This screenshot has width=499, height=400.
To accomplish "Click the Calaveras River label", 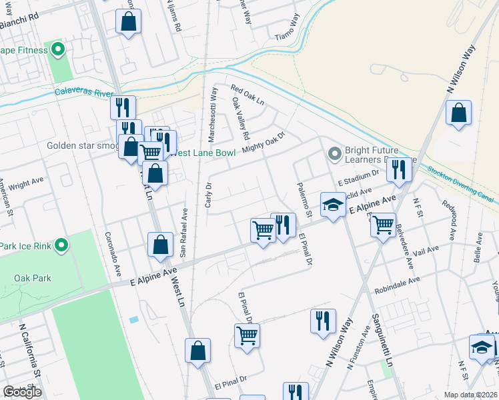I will [x=83, y=91].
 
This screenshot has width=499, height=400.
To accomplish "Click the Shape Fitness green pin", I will [x=58, y=49].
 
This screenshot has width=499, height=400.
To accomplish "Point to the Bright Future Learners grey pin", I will [x=334, y=154].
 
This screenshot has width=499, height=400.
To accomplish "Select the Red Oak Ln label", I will [x=247, y=96].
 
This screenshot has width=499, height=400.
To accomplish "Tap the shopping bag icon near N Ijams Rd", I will [x=129, y=21].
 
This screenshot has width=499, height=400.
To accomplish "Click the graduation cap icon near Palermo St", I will [x=333, y=204].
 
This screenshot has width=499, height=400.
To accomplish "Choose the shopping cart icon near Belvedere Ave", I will [x=383, y=225].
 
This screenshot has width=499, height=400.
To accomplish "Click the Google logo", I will [x=22, y=392].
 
